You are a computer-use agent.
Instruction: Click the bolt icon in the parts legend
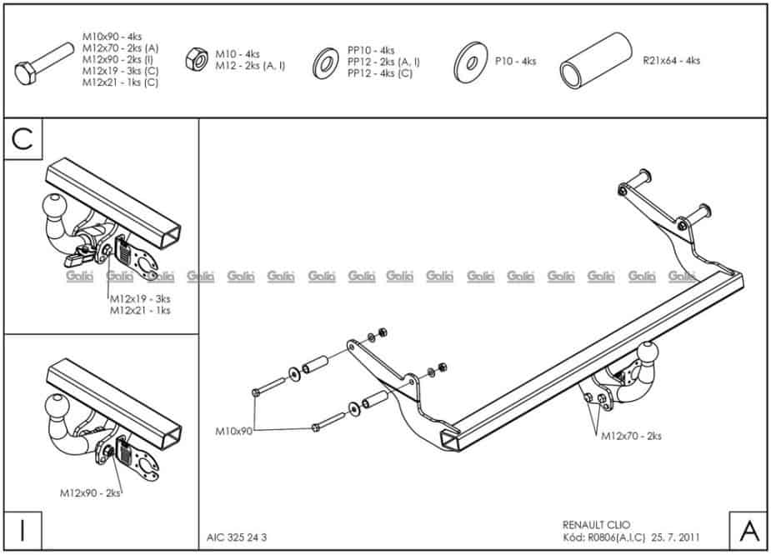pyautogui.click(x=45, y=66)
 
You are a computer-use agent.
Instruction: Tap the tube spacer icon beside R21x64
pyautogui.click(x=594, y=61)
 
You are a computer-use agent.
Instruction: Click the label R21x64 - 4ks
pyautogui.click(x=671, y=61)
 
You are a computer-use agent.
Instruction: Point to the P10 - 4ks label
pyautogui.click(x=515, y=61)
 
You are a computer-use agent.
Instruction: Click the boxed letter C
pyautogui.click(x=23, y=139)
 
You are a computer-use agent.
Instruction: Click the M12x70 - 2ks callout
pyautogui.click(x=631, y=435)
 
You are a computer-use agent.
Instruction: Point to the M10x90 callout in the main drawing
pyautogui.click(x=233, y=431)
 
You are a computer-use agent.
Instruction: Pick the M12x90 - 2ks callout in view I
pyautogui.click(x=90, y=493)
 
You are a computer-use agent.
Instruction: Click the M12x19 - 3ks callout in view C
pyautogui.click(x=140, y=298)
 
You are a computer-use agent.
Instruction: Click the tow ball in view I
pyautogui.click(x=56, y=410)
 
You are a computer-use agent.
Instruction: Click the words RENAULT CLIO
pyautogui.click(x=597, y=525)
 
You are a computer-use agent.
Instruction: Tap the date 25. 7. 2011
pyautogui.click(x=677, y=537)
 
